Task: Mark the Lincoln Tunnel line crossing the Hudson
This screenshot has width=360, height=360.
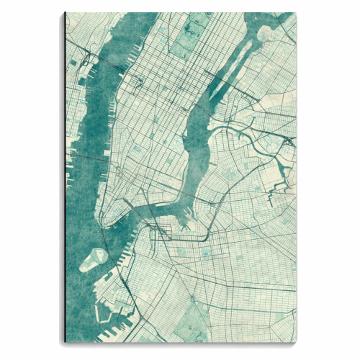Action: click(108, 69)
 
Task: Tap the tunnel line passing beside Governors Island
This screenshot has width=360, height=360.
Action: click(108, 248)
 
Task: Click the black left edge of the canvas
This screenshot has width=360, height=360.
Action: click(65, 180)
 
